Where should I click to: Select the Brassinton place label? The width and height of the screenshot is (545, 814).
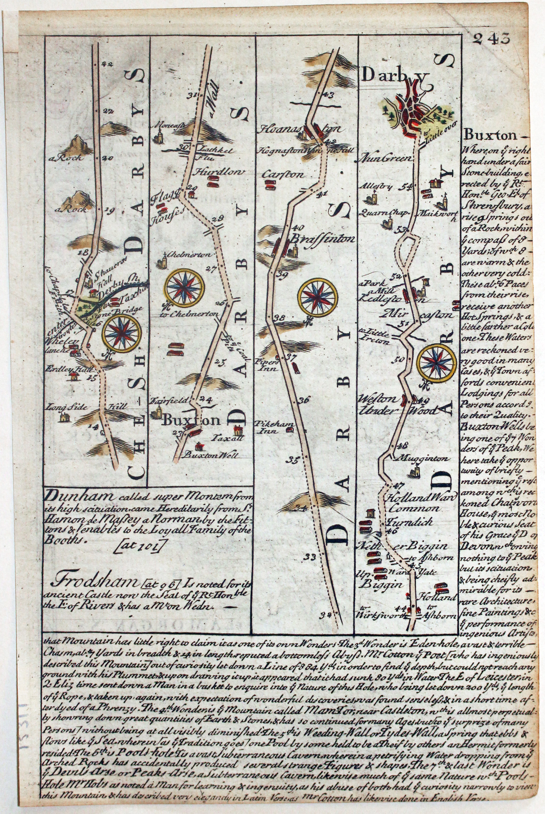coord(322,239)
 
